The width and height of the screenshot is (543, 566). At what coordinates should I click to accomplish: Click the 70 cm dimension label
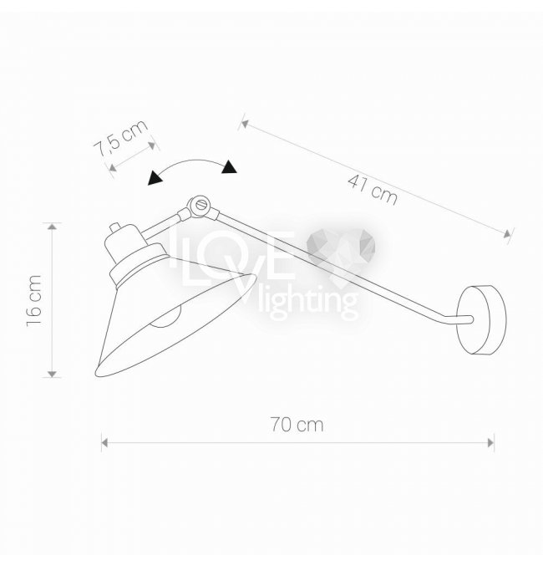tap(297, 425)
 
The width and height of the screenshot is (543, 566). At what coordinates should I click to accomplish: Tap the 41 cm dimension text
tap(373, 190)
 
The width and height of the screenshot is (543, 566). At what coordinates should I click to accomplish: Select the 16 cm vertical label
tap(34, 301)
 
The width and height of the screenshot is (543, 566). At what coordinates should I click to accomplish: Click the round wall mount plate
tap(482, 320)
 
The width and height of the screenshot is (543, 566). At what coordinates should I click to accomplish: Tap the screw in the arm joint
tap(201, 205)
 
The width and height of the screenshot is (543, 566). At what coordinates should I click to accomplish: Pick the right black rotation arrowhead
tap(229, 167)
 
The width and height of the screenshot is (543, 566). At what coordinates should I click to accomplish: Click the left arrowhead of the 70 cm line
tap(104, 442)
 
